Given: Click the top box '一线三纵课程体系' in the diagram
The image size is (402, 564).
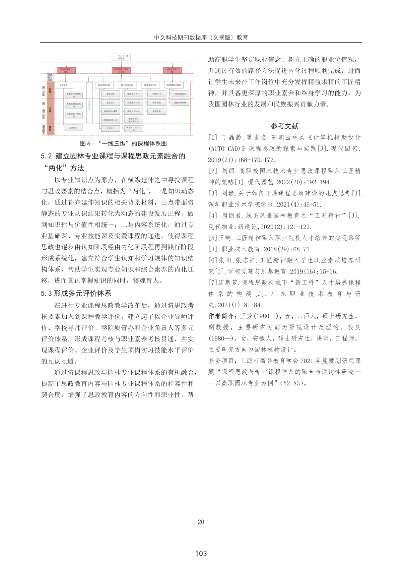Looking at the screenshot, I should (x=121, y=57).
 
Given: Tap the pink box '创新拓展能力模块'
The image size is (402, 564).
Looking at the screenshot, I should (x=172, y=70).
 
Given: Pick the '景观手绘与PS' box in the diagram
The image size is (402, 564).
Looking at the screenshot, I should (x=110, y=111).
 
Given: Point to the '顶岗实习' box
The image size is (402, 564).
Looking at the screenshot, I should (x=73, y=128).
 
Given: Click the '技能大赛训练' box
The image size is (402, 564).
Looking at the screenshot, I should (x=180, y=103).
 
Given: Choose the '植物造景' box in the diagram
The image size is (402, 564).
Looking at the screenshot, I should (x=156, y=111).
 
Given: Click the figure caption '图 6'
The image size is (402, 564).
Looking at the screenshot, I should (x=85, y=144).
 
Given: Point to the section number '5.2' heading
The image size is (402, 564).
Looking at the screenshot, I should (x=46, y=156).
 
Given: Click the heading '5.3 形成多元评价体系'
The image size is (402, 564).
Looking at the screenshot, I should (x=76, y=294).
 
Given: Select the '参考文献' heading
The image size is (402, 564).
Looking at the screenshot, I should (x=284, y=126).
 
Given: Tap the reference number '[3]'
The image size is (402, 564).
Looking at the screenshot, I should (x=213, y=193).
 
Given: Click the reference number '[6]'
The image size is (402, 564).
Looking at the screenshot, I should (x=213, y=260).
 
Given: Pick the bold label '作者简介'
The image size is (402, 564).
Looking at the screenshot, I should (x=222, y=316).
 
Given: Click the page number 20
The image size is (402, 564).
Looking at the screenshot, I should (x=201, y=522).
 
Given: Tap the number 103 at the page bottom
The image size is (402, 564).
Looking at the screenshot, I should (x=201, y=554).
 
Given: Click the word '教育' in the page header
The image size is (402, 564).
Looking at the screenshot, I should (x=242, y=38).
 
